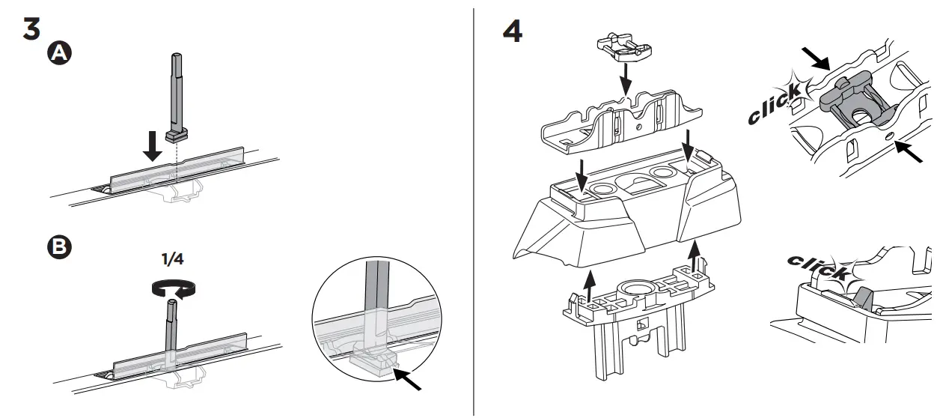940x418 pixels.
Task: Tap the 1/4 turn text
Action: tap(173, 259)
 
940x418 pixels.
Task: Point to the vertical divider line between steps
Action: tap(474, 210)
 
